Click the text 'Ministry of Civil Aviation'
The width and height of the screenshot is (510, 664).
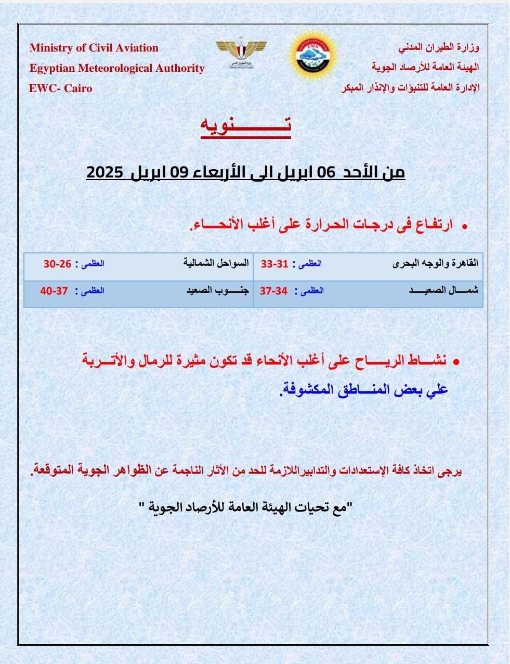[94, 48]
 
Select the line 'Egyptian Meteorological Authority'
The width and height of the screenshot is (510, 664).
[117, 68]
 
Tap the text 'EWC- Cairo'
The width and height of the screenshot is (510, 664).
[61, 88]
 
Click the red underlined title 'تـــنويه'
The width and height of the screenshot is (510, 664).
[246, 126]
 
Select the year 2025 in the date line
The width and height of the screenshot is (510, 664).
[104, 172]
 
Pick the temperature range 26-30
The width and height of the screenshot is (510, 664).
[57, 264]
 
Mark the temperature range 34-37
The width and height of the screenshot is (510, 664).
[274, 291]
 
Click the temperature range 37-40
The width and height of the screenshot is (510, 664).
[54, 291]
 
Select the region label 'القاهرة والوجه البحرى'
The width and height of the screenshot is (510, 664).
[435, 263]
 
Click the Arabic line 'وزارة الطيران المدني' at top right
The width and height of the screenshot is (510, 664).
[439, 48]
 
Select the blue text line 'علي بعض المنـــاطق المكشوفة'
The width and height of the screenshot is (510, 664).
[364, 390]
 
